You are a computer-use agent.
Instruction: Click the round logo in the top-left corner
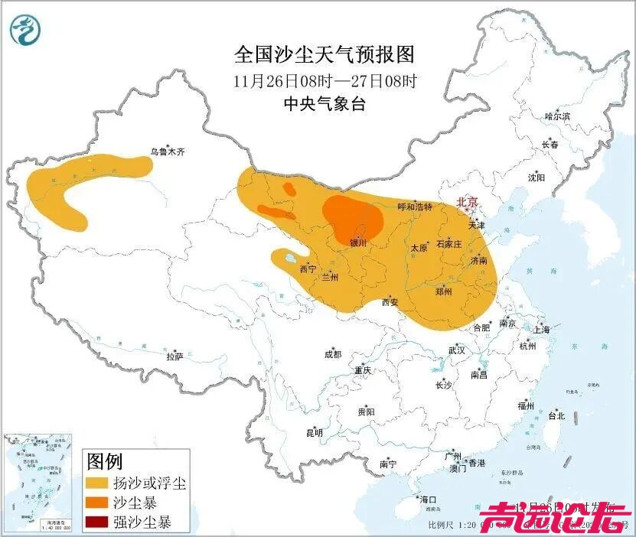point(25,30)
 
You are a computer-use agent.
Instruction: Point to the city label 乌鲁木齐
point(167,152)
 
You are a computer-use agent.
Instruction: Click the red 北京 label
point(467,203)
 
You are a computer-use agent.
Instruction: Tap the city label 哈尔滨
point(557,116)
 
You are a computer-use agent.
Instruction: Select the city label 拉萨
point(174,356)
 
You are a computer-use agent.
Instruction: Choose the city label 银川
point(358,243)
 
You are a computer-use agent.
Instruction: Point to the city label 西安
point(390,302)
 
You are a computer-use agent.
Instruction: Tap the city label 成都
point(332,354)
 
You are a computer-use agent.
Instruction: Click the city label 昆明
point(315,432)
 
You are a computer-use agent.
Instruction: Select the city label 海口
point(428,500)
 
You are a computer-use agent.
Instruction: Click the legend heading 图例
point(105,462)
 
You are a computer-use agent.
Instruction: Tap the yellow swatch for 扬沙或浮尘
point(96,483)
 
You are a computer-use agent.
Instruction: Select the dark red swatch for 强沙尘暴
point(96,523)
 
